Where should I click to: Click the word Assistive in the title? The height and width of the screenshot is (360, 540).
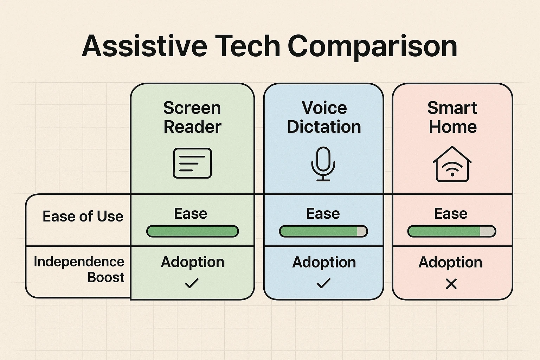[144, 46]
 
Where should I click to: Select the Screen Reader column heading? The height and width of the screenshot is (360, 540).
[192, 117]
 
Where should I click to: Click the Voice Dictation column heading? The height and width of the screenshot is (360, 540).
[324, 117]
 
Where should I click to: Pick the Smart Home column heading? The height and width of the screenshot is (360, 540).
[452, 117]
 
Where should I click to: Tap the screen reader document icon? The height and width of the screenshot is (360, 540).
[192, 163]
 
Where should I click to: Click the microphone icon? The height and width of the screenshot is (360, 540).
[323, 164]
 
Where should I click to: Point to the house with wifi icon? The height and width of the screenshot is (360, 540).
[452, 164]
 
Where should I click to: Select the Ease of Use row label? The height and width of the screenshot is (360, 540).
[83, 216]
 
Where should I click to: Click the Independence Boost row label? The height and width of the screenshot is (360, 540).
[79, 269]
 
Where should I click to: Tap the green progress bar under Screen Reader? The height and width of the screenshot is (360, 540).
[192, 231]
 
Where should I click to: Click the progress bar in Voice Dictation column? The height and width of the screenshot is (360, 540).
[323, 231]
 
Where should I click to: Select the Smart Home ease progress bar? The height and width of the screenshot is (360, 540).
[451, 231]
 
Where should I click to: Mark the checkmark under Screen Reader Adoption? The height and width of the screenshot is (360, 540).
[192, 283]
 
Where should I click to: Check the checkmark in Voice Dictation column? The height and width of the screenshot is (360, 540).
[323, 283]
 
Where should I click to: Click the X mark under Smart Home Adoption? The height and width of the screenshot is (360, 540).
[451, 284]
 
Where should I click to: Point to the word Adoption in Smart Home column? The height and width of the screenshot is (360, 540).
[450, 262]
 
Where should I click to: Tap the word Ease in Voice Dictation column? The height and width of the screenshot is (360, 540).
[323, 213]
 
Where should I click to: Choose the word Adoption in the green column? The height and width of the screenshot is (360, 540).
[192, 262]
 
